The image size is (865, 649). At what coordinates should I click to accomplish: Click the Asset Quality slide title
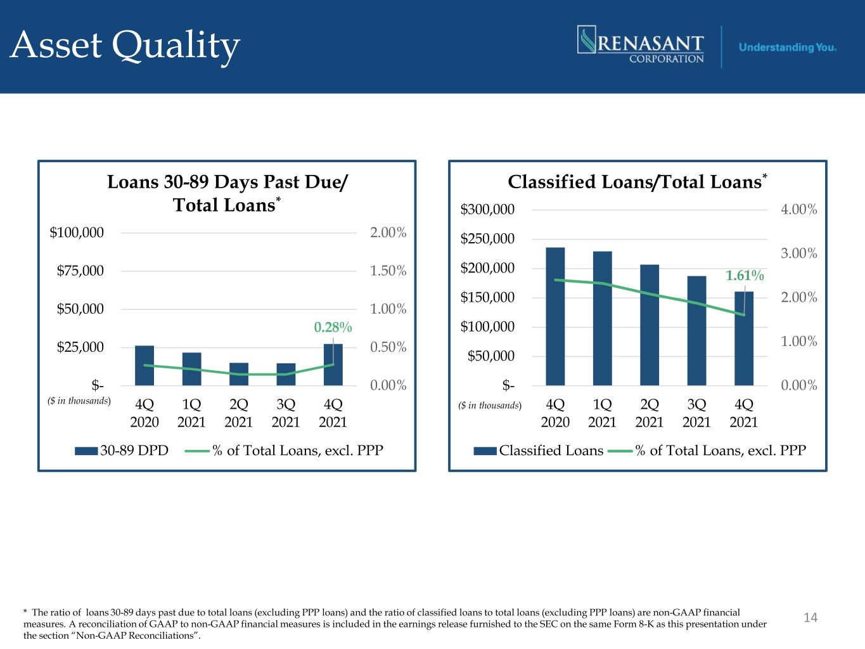[x=125, y=46]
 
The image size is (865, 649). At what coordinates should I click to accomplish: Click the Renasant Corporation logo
[x=641, y=44]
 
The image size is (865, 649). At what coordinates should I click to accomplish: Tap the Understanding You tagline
[x=787, y=48]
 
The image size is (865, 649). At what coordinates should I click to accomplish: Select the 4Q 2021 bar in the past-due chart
[x=333, y=364]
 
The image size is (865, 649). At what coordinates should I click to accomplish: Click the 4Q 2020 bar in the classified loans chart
[x=555, y=316]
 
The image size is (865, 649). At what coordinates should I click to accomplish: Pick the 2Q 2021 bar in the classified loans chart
[x=650, y=325]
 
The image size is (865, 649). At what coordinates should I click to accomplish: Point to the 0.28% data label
[x=333, y=327]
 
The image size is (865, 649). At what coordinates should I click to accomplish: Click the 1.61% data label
[x=745, y=276]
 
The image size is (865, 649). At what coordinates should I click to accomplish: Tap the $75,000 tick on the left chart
[x=80, y=271]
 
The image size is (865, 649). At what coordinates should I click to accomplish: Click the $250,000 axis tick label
[x=487, y=239]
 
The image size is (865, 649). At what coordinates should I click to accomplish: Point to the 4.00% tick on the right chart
[x=799, y=209]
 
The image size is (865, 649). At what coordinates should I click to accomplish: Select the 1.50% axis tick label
[x=388, y=271]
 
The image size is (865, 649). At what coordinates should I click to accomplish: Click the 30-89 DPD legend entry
[x=122, y=451]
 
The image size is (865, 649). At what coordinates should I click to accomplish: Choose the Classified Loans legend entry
[x=538, y=451]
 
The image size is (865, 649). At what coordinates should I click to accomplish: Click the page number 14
[x=811, y=617]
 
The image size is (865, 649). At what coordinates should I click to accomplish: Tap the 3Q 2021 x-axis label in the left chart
[x=286, y=413]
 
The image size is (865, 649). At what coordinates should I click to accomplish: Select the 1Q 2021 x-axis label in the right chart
[x=602, y=413]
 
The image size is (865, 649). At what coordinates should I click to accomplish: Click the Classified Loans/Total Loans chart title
[x=638, y=182]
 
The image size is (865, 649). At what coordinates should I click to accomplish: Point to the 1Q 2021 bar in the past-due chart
[x=191, y=369]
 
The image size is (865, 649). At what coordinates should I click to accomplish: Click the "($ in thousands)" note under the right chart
[x=489, y=406]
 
